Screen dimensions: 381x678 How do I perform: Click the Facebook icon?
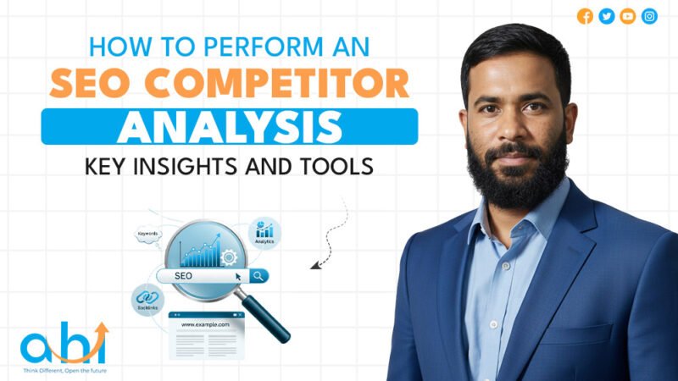(x=585, y=16)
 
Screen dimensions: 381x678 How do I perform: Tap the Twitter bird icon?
(x=606, y=16)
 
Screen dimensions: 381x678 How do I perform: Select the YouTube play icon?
(x=628, y=16)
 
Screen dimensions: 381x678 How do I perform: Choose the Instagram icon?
(x=649, y=16)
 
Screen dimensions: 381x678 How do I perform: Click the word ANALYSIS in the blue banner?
(x=230, y=126)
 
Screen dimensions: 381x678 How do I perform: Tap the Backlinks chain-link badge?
(x=147, y=298)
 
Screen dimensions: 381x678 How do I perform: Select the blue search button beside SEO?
(x=258, y=275)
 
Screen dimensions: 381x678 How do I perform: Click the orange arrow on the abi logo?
(x=99, y=335)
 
